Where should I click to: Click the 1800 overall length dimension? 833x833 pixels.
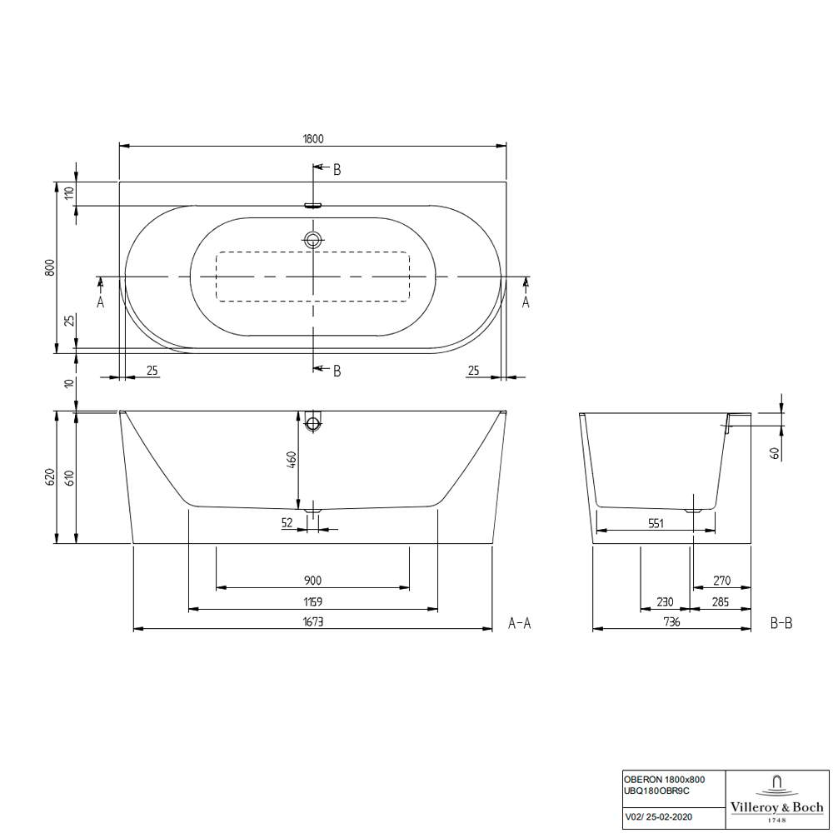click(313, 138)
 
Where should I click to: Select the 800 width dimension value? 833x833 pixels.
click(50, 267)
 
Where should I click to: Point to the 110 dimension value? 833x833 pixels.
click(70, 193)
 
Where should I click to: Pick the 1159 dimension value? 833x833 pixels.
click(313, 601)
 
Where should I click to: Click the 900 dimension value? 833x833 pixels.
click(313, 581)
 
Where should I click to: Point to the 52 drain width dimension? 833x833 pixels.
click(287, 522)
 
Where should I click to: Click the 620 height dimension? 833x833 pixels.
click(50, 477)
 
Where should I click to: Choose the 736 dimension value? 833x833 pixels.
click(671, 621)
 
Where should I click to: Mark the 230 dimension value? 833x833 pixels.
click(665, 601)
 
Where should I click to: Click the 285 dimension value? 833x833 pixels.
click(721, 601)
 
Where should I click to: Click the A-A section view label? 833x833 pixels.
click(520, 622)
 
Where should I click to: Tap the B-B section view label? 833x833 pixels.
click(781, 622)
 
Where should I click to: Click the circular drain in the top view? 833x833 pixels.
click(313, 241)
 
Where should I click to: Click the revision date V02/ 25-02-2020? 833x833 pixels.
click(657, 818)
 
